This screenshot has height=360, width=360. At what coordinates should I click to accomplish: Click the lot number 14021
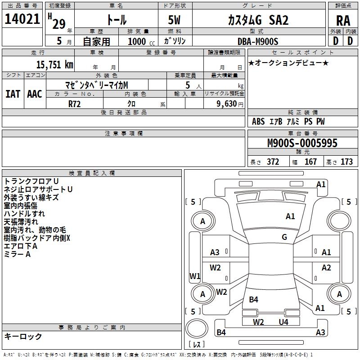22,20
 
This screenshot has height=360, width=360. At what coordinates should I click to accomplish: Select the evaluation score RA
343,21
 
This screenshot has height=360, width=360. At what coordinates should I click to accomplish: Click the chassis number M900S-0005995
302,143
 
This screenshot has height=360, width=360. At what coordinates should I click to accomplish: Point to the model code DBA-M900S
258,41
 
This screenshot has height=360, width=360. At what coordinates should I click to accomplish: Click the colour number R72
75,103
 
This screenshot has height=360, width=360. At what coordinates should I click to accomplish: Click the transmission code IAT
13,94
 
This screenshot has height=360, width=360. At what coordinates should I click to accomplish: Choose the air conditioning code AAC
34,94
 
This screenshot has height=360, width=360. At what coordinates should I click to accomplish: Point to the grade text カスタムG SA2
258,20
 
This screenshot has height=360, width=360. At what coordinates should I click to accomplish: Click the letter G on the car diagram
284,237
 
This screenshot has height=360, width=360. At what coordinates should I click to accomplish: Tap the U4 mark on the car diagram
283,322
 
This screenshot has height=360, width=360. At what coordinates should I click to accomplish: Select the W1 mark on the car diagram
195,276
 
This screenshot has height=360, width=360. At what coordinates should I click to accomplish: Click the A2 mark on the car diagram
326,268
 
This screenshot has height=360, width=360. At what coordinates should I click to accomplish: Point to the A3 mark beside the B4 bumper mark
320,333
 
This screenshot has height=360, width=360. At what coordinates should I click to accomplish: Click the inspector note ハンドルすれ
24,214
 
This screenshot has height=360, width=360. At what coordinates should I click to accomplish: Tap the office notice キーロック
23,336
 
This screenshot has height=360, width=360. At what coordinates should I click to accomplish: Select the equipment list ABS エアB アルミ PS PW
288,121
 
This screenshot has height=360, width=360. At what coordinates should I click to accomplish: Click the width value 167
310,162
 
